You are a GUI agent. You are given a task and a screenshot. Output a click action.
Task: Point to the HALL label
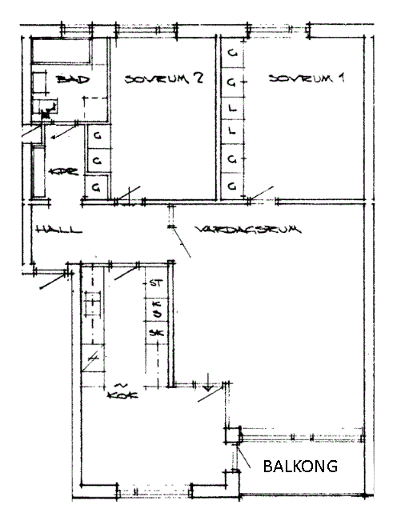coord(59,229)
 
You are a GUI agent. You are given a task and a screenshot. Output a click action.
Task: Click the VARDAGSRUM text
coord(247,230)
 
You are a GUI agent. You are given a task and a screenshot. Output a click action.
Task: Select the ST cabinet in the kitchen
coord(156,283)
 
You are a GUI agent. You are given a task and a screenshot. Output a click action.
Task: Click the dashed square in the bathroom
coord(95,109)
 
